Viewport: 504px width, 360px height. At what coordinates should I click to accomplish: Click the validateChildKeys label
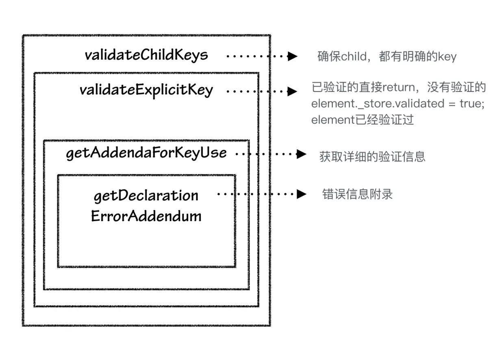pos(146,55)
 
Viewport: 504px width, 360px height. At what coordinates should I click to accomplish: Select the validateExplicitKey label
pos(146,89)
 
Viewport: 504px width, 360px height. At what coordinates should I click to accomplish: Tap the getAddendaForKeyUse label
pos(146,153)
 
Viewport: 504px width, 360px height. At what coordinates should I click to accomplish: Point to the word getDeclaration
pos(146,196)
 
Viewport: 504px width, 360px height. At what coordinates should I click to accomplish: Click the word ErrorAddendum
pos(146,216)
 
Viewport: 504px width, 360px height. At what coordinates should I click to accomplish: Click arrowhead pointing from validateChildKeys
pos(293,56)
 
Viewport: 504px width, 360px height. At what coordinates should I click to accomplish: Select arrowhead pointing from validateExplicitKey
pos(293,91)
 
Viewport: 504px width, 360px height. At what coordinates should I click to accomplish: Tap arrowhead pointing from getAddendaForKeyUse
pos(301,154)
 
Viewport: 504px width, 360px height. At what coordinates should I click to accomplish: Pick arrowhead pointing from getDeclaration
pos(301,194)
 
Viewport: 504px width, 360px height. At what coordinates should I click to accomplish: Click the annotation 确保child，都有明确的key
pos(387,56)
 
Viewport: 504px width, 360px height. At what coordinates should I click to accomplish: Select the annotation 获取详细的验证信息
pos(372,156)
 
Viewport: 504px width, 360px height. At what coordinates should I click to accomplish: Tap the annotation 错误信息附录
pos(357,194)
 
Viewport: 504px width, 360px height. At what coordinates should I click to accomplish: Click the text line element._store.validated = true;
pos(398,104)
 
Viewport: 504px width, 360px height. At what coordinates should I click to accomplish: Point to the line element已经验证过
pos(363,120)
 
